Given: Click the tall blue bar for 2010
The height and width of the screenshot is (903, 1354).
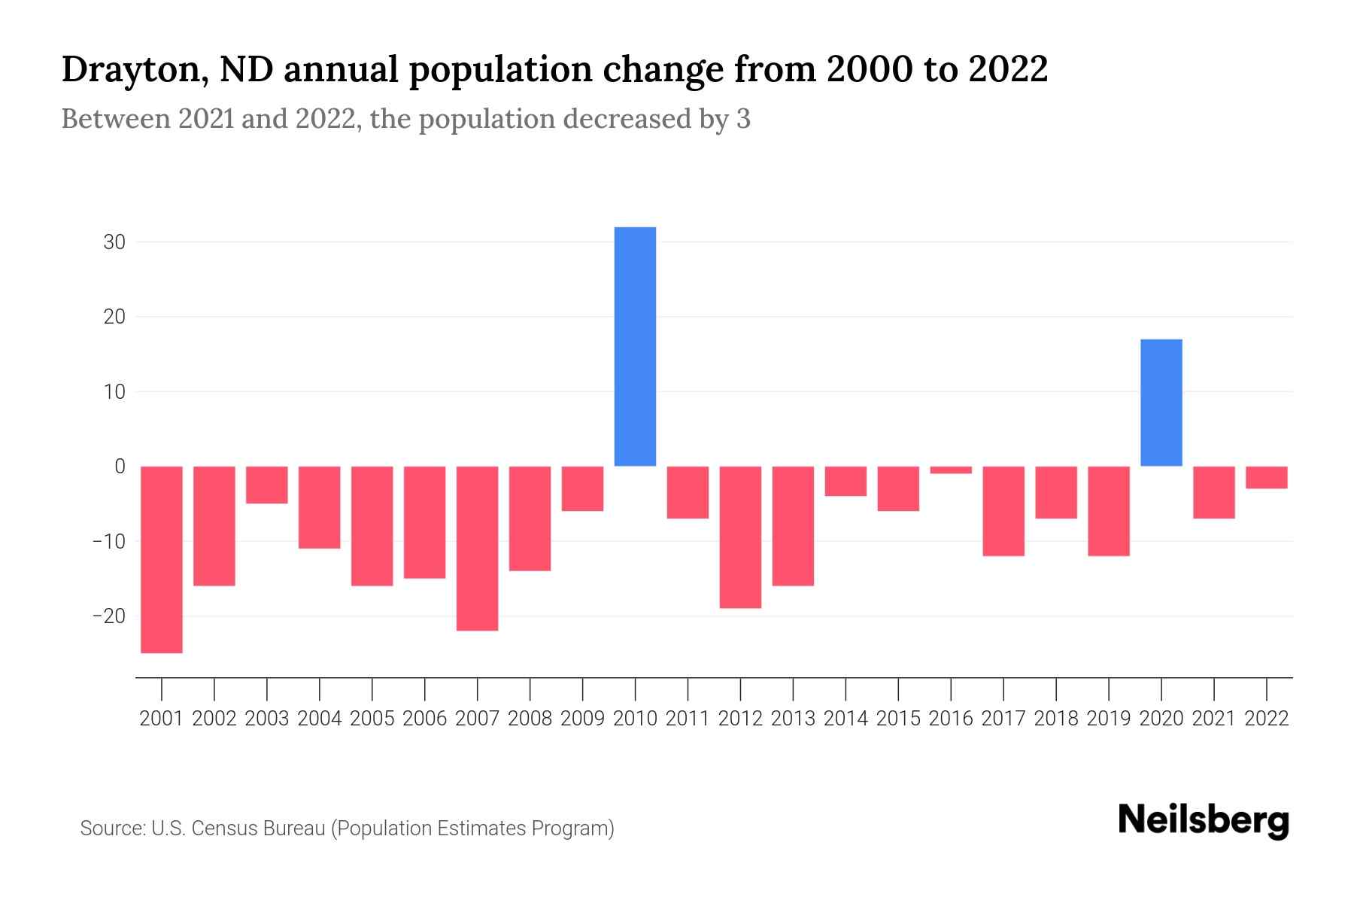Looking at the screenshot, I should tap(635, 346).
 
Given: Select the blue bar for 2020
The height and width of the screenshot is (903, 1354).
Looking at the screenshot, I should tap(1161, 403).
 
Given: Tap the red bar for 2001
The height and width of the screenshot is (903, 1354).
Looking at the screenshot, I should tap(162, 559).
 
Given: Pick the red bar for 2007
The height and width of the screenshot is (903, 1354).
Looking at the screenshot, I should tap(477, 548).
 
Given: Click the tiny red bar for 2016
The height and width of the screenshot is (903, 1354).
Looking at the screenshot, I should tap(951, 470).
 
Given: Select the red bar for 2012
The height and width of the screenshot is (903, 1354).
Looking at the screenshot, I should tap(740, 537).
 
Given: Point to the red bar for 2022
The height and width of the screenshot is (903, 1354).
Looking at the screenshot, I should tap(1266, 477).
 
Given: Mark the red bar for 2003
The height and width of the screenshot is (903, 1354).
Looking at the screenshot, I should tap(267, 485).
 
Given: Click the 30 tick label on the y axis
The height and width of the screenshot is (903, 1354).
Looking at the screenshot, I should tap(114, 242).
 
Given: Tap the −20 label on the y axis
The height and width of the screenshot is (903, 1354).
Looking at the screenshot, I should tap(109, 616).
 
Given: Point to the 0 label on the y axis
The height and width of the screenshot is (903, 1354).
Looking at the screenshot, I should tap(120, 467).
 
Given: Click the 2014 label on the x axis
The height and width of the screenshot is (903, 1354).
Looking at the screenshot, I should tap(845, 719).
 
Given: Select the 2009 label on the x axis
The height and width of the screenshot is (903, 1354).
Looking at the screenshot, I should tap(582, 719).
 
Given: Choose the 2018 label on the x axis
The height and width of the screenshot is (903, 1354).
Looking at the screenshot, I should tap(1056, 719).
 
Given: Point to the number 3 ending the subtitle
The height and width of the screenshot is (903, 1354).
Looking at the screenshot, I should tap(743, 119).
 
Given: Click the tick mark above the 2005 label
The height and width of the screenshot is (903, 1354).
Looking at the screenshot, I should tap(372, 688).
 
